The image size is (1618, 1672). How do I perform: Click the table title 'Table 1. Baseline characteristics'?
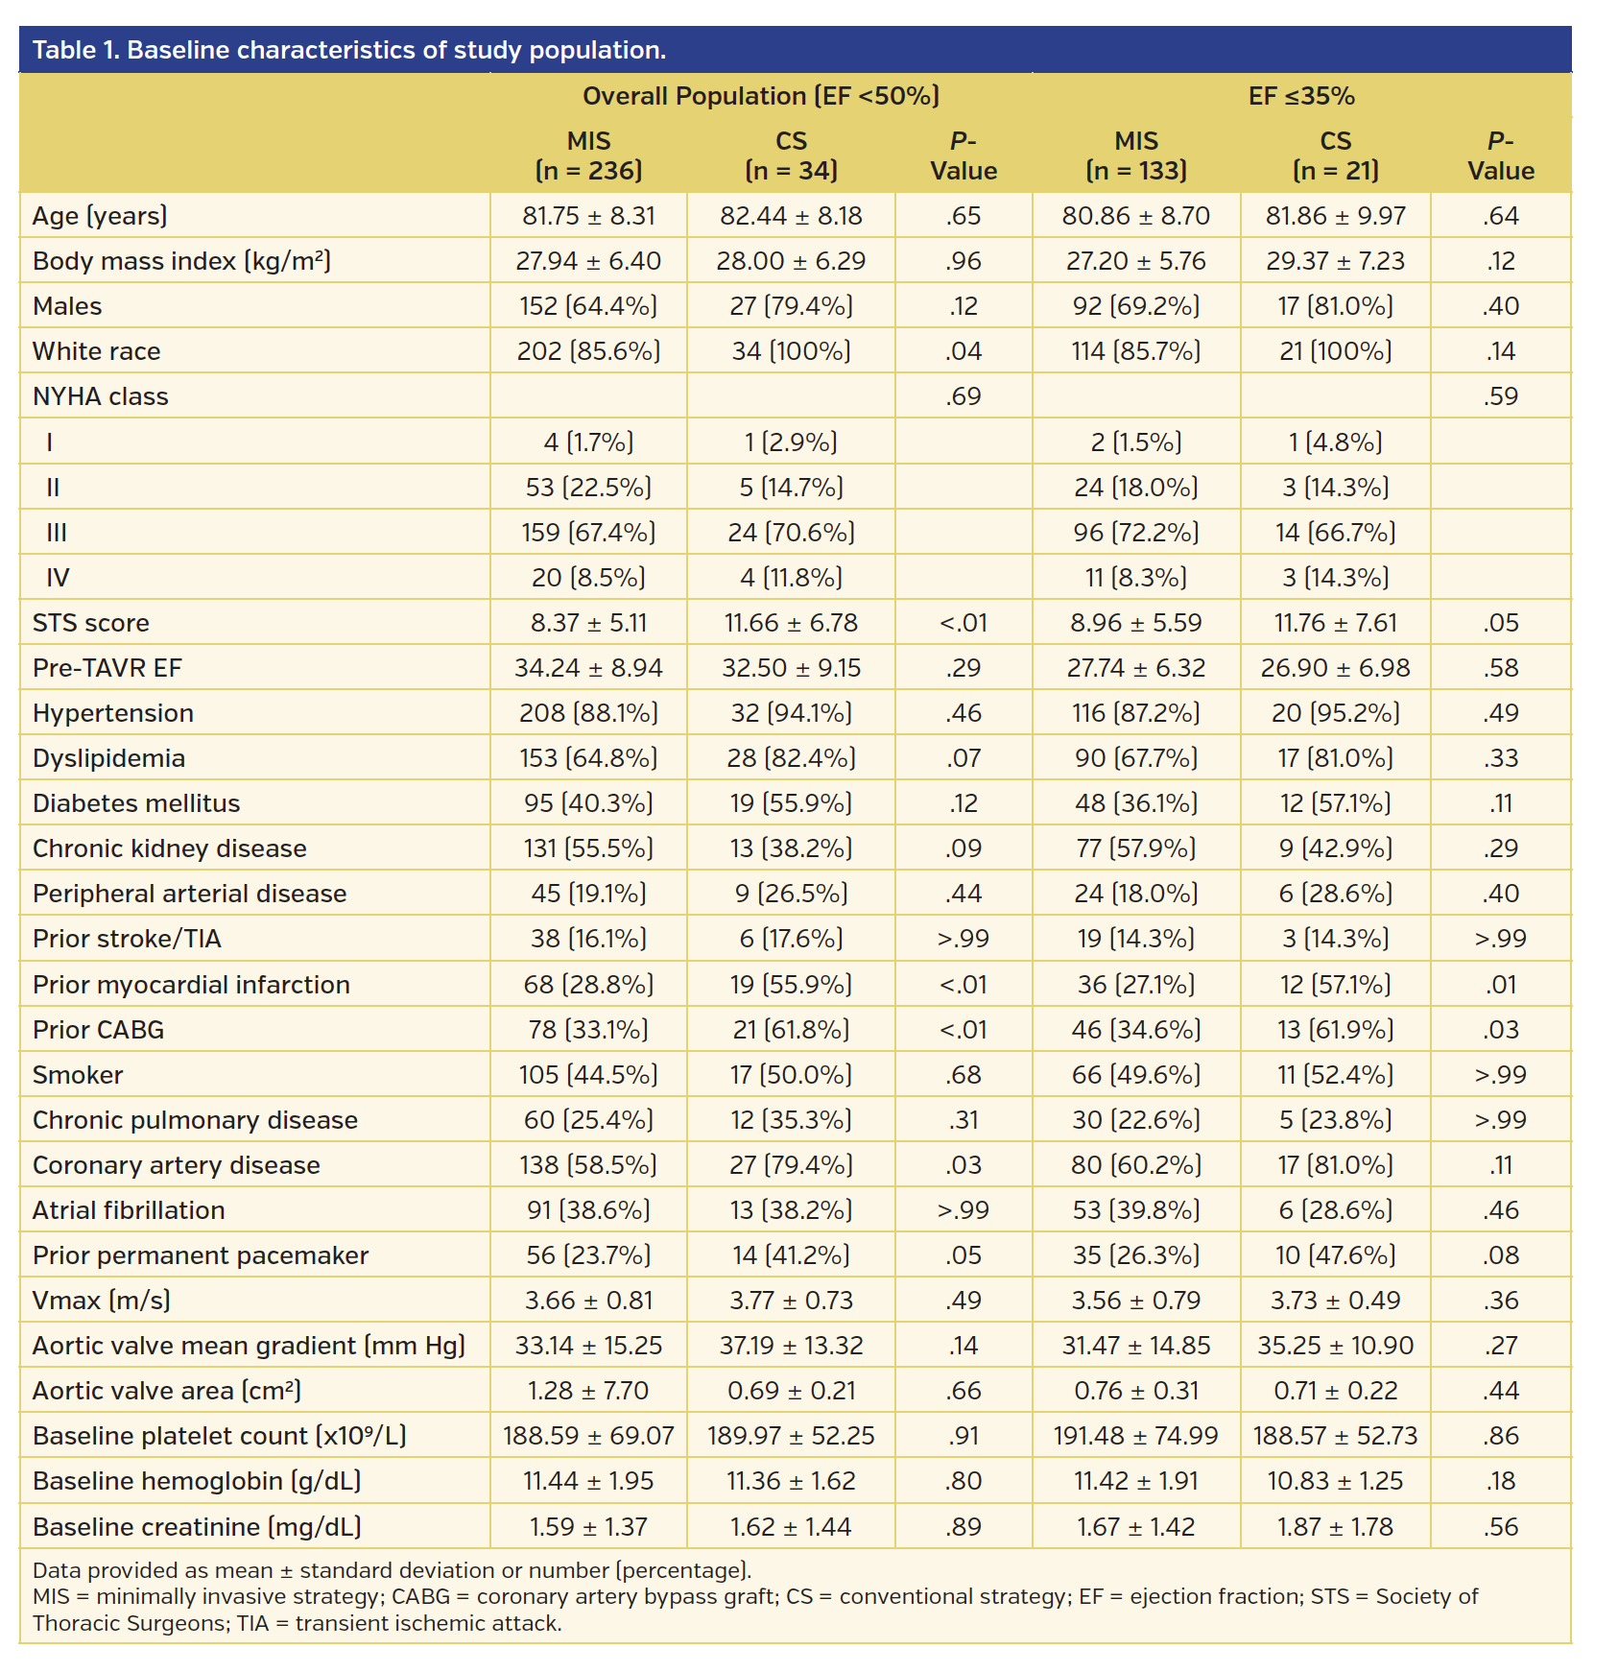pos(348,50)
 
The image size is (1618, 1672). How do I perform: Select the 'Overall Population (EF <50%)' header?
pos(761,96)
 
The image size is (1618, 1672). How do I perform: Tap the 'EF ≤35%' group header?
pos(1300,96)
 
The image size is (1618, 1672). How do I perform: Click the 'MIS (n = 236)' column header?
pos(588,155)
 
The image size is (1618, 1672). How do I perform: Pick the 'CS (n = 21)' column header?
pos(1335,155)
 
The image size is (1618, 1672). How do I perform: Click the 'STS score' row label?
pos(91,623)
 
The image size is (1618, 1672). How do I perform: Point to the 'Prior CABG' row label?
pos(98,1030)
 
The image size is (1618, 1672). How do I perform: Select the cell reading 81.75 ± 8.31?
pos(588,216)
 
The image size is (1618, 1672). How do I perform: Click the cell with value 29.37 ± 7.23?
pos(1335,261)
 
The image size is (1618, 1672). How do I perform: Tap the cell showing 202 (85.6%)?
pos(588,351)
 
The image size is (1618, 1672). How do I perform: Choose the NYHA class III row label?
pos(57,533)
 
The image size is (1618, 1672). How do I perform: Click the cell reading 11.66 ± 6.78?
pos(791,623)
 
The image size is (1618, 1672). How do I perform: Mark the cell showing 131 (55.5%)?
pos(588,848)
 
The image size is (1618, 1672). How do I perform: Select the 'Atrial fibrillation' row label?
pos(129,1210)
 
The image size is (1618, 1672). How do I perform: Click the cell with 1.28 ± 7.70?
pos(588,1391)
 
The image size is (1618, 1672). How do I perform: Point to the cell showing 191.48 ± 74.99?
pos(1135,1436)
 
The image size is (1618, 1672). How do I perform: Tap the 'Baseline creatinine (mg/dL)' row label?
pos(197,1527)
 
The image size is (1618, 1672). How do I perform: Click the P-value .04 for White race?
pos(963,351)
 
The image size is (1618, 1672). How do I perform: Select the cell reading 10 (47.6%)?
pos(1335,1255)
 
